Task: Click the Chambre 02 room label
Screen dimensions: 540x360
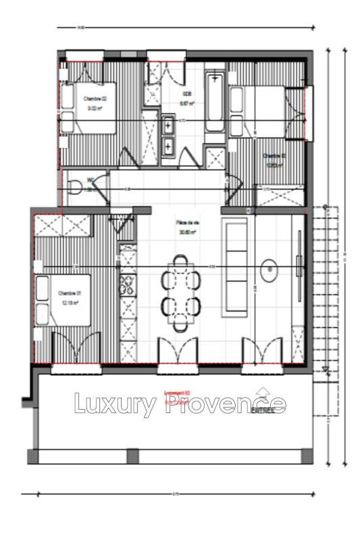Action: point(95,98)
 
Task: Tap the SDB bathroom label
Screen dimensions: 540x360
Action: point(187,94)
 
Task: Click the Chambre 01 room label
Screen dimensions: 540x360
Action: point(70,293)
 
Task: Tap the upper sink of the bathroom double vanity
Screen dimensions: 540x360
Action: point(168,125)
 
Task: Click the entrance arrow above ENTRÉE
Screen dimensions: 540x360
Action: point(263,392)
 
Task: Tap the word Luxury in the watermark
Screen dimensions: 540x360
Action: point(115,404)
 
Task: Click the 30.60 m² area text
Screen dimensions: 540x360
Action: point(187,231)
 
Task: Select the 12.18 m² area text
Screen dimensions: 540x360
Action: point(70,302)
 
